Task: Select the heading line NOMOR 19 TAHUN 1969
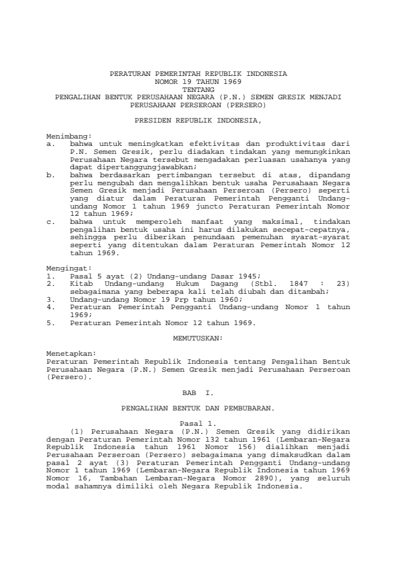tap(198, 81)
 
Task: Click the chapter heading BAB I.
tap(198, 393)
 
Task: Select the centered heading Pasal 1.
tap(198, 423)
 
